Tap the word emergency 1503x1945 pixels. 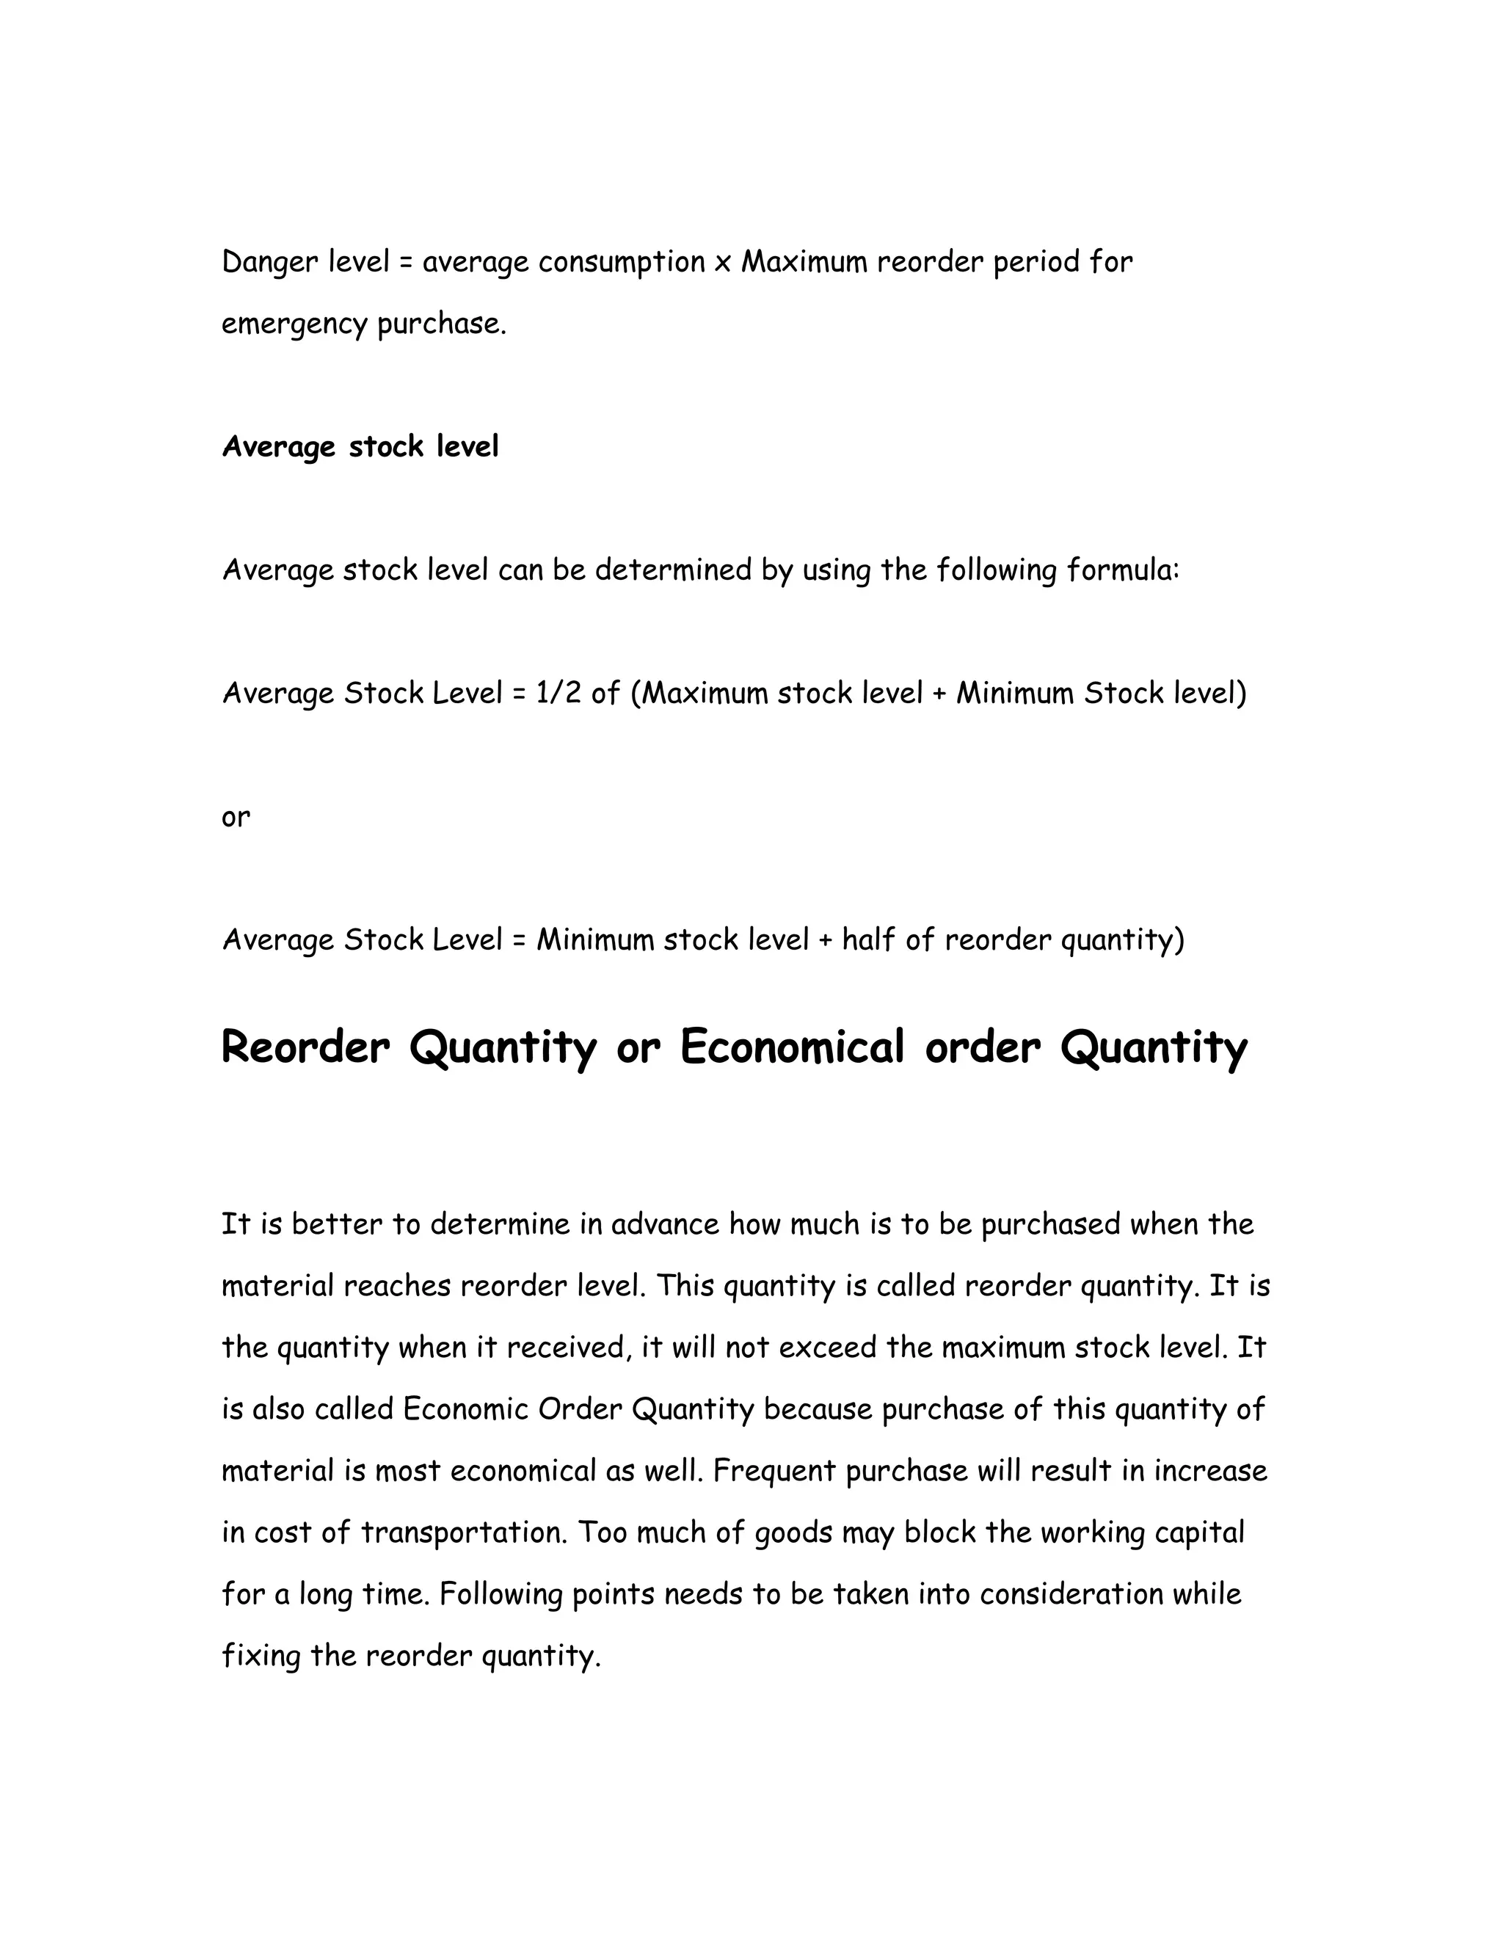(x=294, y=324)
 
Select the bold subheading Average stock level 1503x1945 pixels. (x=360, y=446)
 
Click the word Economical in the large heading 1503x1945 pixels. (x=792, y=1047)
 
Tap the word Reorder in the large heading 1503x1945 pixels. (x=305, y=1047)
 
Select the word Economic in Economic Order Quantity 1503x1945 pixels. (x=466, y=1410)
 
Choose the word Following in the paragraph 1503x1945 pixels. (x=501, y=1594)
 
